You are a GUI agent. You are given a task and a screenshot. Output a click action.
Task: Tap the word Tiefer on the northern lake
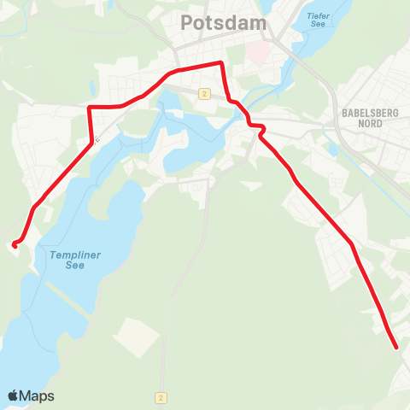(318, 14)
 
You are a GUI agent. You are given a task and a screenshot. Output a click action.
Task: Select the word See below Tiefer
(318, 24)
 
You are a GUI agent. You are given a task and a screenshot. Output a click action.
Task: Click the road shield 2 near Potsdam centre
(204, 93)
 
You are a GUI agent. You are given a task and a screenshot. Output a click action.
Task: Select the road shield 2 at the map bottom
(161, 397)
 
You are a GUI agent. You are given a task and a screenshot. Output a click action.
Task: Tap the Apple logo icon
(13, 395)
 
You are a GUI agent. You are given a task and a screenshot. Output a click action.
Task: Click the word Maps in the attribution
(37, 396)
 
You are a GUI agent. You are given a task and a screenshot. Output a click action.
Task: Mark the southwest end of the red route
(15, 245)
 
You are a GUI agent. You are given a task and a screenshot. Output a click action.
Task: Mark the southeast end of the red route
(397, 347)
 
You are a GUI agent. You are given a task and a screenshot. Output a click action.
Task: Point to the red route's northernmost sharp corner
(222, 63)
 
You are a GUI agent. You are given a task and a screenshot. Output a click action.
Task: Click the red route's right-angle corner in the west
(90, 108)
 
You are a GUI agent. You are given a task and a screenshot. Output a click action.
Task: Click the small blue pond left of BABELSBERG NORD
(333, 149)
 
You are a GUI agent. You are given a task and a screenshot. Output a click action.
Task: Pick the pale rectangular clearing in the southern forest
(134, 337)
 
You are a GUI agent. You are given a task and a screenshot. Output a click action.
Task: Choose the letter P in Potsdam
(188, 25)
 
